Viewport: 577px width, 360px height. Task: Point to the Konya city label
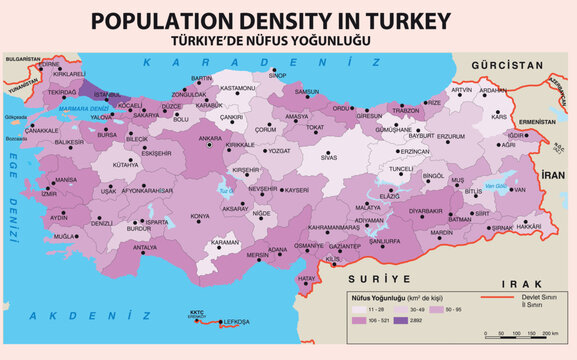201,216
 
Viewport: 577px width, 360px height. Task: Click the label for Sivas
329,157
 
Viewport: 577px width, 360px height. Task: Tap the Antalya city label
145,247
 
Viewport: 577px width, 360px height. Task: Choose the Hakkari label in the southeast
529,227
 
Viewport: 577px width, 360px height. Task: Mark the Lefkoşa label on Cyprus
235,323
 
